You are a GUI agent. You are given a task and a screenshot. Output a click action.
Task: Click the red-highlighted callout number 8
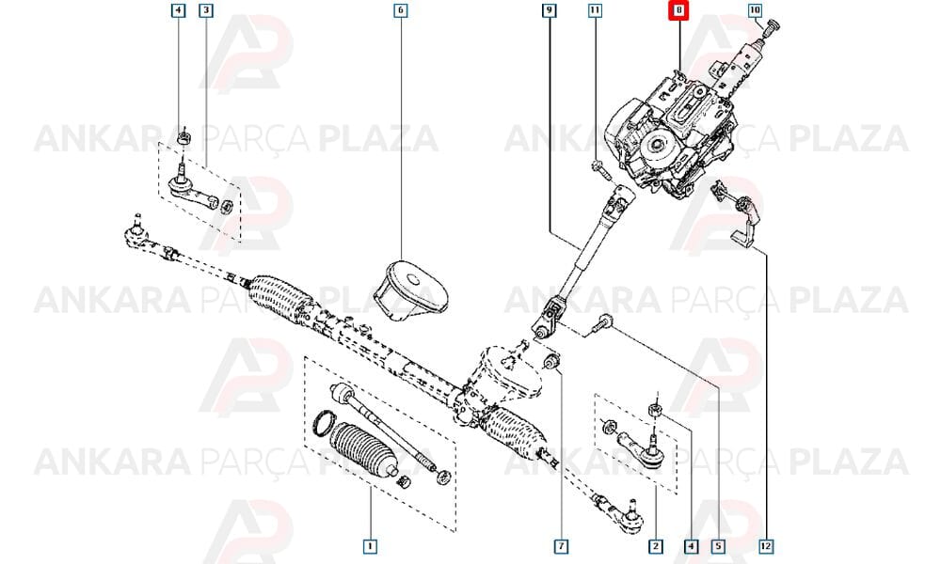click(678, 10)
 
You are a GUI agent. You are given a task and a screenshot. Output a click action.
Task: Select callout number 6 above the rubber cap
click(400, 10)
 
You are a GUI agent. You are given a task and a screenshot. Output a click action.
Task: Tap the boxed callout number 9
click(550, 10)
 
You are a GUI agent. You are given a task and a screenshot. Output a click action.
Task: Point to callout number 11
click(595, 10)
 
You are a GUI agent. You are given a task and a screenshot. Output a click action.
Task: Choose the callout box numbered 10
click(755, 10)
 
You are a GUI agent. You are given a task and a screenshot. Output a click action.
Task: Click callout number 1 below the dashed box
click(370, 546)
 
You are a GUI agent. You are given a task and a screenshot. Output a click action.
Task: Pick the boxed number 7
click(561, 546)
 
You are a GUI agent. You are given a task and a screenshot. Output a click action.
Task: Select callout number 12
click(766, 546)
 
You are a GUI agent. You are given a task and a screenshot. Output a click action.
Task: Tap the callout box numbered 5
click(718, 546)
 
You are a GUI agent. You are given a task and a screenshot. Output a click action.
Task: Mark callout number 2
click(655, 546)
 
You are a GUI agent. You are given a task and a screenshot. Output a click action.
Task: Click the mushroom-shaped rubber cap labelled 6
click(411, 291)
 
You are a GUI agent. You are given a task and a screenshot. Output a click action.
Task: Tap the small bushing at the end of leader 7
click(550, 361)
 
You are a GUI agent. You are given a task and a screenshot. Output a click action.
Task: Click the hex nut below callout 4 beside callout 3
click(183, 139)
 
